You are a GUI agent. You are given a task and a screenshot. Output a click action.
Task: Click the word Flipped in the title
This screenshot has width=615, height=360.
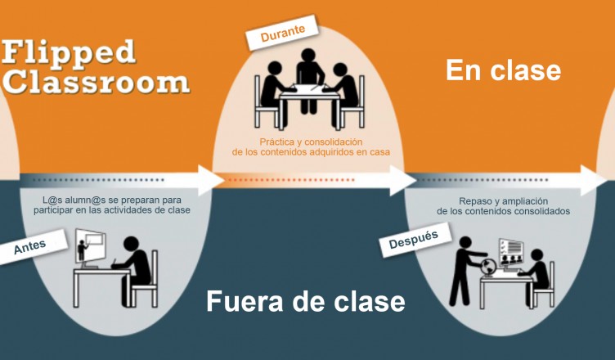pos(69,52)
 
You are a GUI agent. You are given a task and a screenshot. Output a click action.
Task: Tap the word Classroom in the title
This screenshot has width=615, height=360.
pos(96,81)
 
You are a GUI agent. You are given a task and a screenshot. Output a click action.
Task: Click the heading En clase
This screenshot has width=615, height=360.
pos(503,70)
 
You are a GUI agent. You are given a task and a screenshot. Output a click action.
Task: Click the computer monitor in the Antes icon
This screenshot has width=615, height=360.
pos(92,243)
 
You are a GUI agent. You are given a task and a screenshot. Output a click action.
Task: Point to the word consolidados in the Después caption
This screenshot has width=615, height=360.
pos(536,211)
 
